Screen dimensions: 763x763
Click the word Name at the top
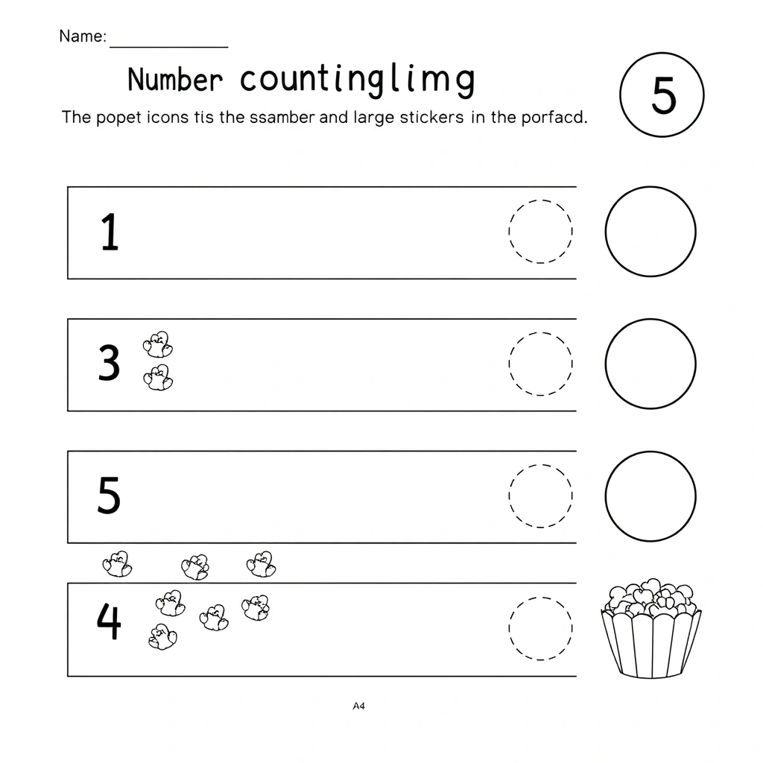point(82,36)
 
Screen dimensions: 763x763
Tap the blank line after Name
point(169,47)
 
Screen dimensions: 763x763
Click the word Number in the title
point(175,79)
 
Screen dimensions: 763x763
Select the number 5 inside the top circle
point(663,95)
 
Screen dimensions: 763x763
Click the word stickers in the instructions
point(431,117)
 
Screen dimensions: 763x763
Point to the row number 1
point(110,232)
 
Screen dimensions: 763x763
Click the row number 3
point(109,363)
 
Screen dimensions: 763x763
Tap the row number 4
point(109,621)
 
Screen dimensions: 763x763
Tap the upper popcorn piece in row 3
point(158,344)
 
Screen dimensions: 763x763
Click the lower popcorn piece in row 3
point(158,378)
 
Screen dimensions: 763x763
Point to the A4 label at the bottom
point(358,706)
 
